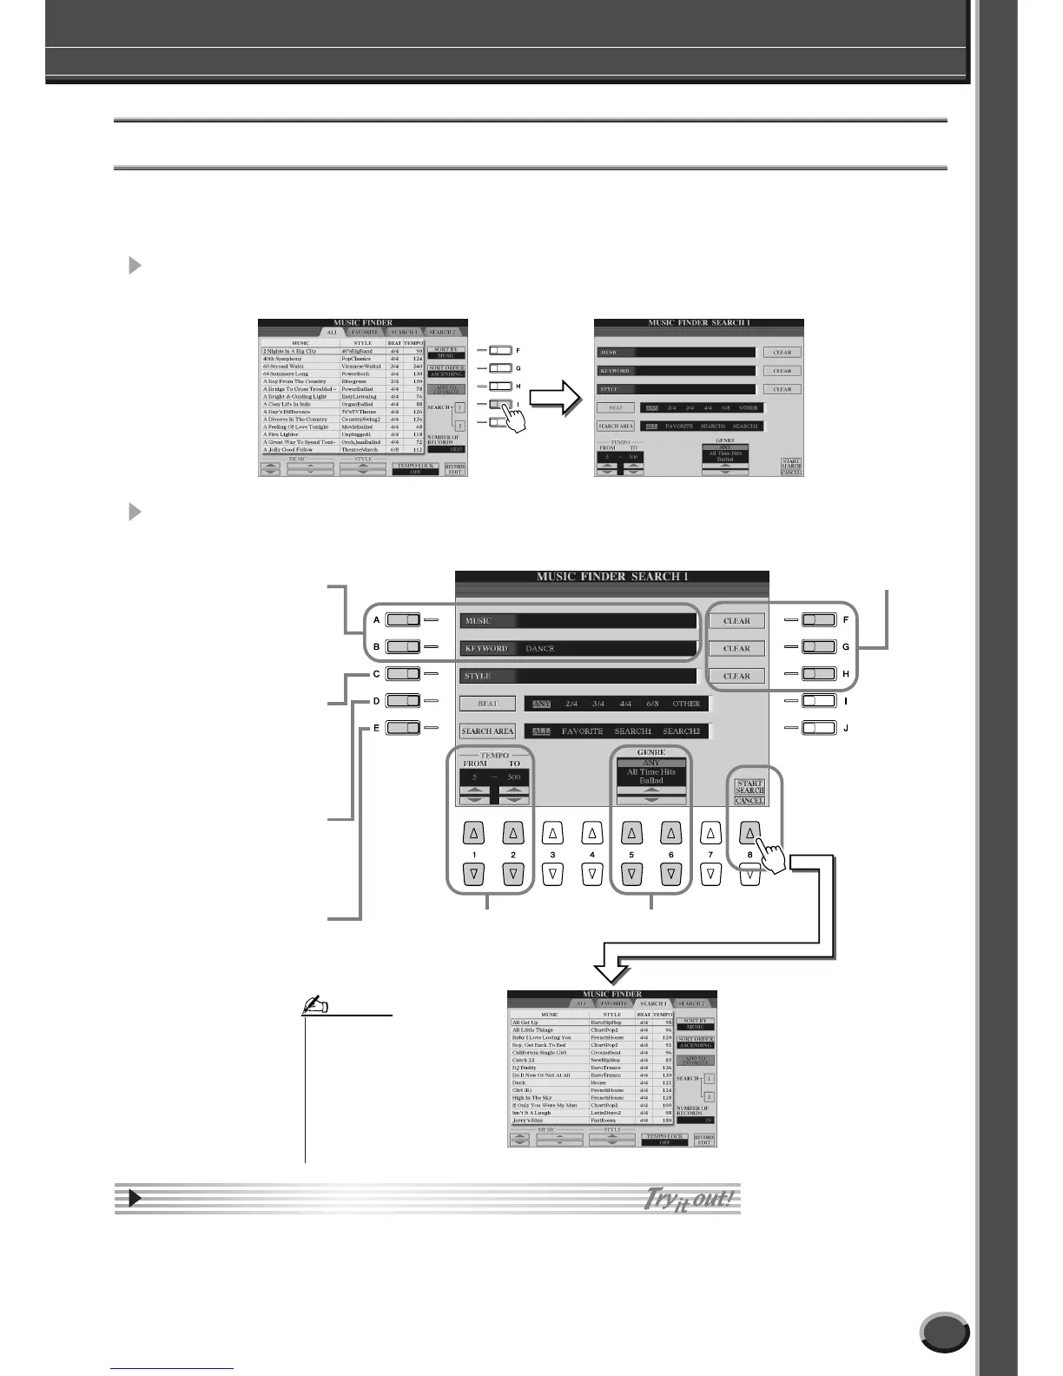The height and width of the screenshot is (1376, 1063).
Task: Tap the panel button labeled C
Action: point(403,673)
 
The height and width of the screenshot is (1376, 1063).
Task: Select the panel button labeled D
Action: point(403,700)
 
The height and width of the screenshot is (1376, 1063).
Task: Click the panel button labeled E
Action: point(403,728)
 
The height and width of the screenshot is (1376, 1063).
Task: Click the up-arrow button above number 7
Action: point(710,834)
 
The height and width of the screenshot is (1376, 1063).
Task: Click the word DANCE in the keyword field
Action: point(540,649)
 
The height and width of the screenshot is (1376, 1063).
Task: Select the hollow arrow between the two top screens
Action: point(552,400)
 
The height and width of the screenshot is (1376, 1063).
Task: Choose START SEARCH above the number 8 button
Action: point(749,786)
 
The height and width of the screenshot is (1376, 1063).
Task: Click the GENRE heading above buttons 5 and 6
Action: point(650,752)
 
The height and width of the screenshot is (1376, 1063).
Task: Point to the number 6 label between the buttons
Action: point(670,855)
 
